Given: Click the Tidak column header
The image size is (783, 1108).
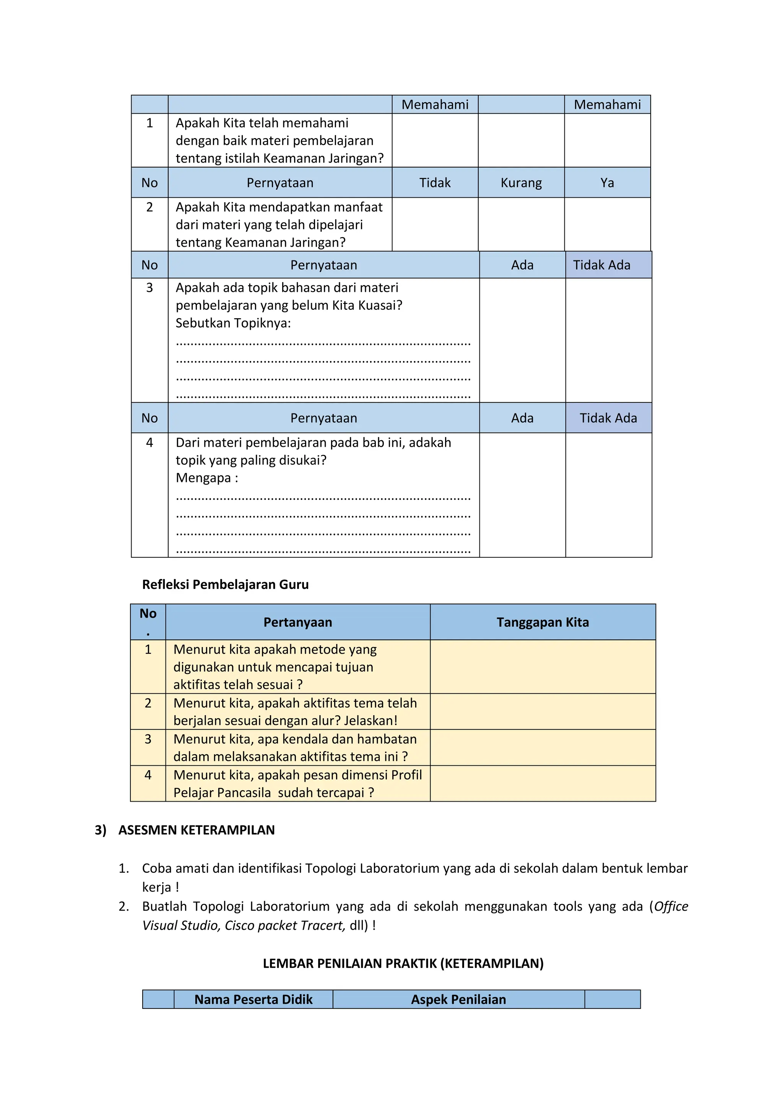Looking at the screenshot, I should (435, 183).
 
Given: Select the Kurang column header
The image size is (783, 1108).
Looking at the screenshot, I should (521, 183).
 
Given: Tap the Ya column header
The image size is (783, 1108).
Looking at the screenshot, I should (607, 183).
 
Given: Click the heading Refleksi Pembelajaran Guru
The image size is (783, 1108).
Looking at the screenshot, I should (225, 584).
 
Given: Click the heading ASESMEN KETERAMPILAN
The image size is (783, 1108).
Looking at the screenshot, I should (197, 830).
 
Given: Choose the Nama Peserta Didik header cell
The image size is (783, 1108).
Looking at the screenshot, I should (253, 999).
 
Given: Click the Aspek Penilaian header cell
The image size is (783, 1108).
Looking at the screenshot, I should (458, 999).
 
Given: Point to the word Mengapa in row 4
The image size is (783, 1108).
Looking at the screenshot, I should (203, 478).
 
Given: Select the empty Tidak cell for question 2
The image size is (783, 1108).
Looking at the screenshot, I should (435, 225).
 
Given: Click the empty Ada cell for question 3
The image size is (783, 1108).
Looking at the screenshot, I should (523, 340).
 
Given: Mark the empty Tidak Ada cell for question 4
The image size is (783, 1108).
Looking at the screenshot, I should (608, 495).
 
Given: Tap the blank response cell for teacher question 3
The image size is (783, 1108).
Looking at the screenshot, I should (543, 747).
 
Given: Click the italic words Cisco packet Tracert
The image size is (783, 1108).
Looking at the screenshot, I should (284, 925).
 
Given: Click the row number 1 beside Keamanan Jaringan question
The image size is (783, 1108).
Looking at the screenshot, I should (149, 123).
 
